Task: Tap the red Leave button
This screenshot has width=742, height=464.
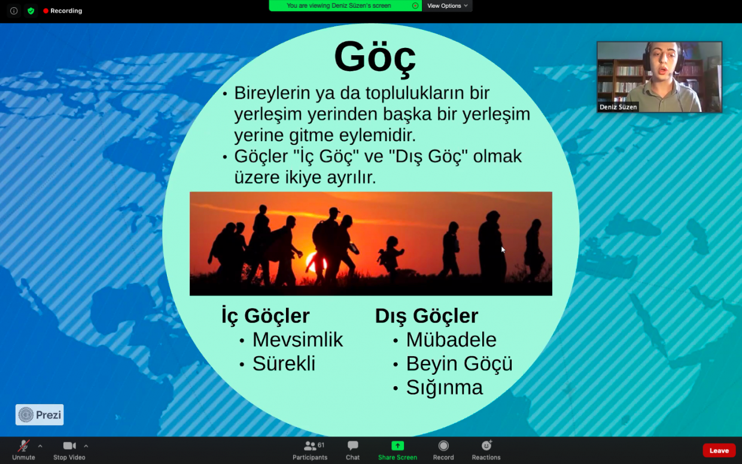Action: click(719, 450)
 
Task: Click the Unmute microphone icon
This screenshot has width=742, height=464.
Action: click(23, 446)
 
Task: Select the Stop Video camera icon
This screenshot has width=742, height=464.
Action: click(69, 446)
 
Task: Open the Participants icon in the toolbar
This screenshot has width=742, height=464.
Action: click(310, 446)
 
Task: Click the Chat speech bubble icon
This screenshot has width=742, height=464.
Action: click(353, 446)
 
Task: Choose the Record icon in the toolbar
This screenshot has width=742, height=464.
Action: click(443, 446)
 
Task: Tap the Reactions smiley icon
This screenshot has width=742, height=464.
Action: click(486, 445)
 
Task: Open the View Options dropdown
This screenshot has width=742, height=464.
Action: click(447, 5)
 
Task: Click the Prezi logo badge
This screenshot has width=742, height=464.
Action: click(39, 415)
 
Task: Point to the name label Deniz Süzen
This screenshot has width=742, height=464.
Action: click(618, 107)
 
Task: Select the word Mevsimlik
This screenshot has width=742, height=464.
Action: click(297, 339)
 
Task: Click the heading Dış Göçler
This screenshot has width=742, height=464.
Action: click(427, 316)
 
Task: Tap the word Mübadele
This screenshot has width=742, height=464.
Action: click(451, 339)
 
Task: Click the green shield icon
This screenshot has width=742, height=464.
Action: click(31, 11)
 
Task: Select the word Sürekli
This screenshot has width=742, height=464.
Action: click(284, 363)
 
